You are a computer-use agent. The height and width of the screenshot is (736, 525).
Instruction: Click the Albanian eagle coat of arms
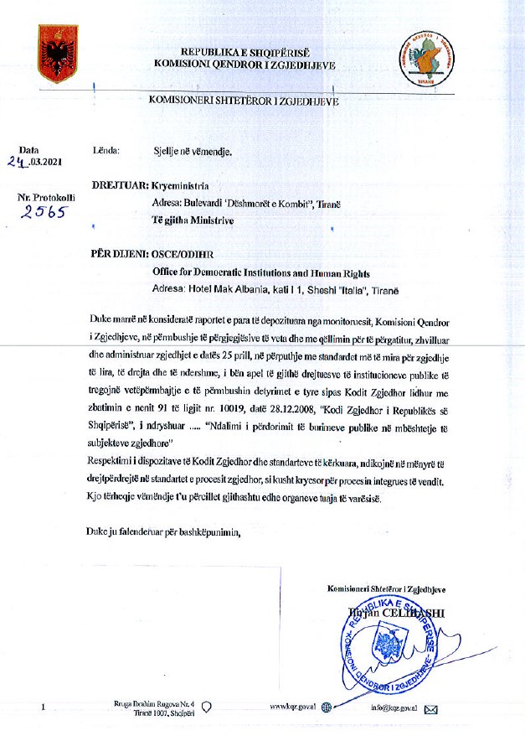[x=58, y=54]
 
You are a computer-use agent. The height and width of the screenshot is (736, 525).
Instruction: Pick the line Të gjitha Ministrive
[x=188, y=220]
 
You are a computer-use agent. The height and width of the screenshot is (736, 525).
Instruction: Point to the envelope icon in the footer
[x=432, y=709]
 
